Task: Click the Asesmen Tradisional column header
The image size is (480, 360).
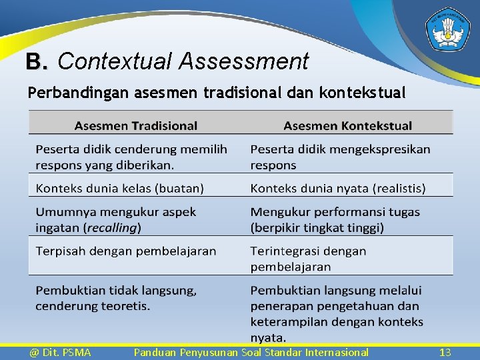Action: pos(136,125)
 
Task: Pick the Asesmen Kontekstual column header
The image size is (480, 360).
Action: pos(347,125)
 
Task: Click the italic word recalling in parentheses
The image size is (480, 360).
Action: pos(112,228)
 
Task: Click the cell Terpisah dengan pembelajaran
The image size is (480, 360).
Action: pos(126,251)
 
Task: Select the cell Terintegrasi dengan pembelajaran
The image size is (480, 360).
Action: pos(308,259)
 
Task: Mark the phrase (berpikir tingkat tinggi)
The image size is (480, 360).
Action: pos(317,228)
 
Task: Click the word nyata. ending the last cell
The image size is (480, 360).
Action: pos(269,337)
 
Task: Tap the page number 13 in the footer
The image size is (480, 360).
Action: pos(445,352)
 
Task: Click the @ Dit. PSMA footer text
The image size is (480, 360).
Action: pos(60,352)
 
